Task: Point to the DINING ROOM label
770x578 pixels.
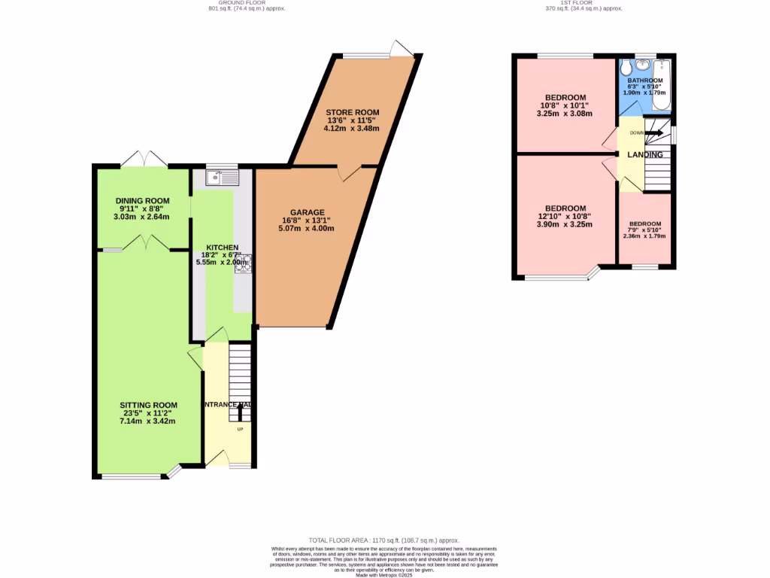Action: pos(142,201)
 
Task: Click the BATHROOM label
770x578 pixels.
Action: pos(645,81)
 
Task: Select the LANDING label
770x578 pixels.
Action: pos(645,155)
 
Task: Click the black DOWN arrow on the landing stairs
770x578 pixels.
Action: pos(653,132)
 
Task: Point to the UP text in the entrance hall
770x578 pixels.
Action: pos(241,430)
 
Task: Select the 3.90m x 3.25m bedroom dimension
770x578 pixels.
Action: pos(565,224)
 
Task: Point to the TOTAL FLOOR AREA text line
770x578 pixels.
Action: pos(384,540)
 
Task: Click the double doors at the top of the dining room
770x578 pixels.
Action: pos(144,160)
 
